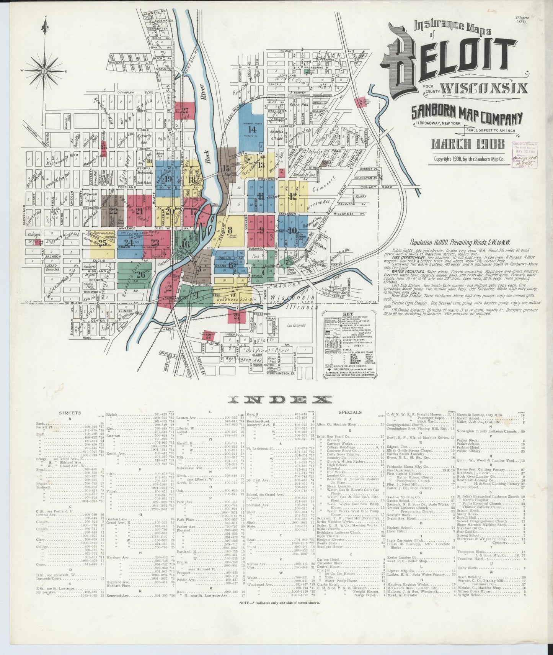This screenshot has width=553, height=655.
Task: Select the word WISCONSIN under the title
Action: tap(484, 88)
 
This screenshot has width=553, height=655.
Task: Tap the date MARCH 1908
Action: tap(468, 144)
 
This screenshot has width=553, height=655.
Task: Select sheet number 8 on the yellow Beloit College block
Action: tap(230, 230)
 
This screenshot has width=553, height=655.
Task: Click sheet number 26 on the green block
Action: tap(140, 274)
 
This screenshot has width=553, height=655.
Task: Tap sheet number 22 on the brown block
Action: tap(113, 210)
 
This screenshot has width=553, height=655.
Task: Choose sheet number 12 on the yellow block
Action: tap(293, 196)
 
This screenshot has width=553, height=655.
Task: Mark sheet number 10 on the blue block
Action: tap(292, 231)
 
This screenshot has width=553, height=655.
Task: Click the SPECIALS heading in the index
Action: tap(351, 413)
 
